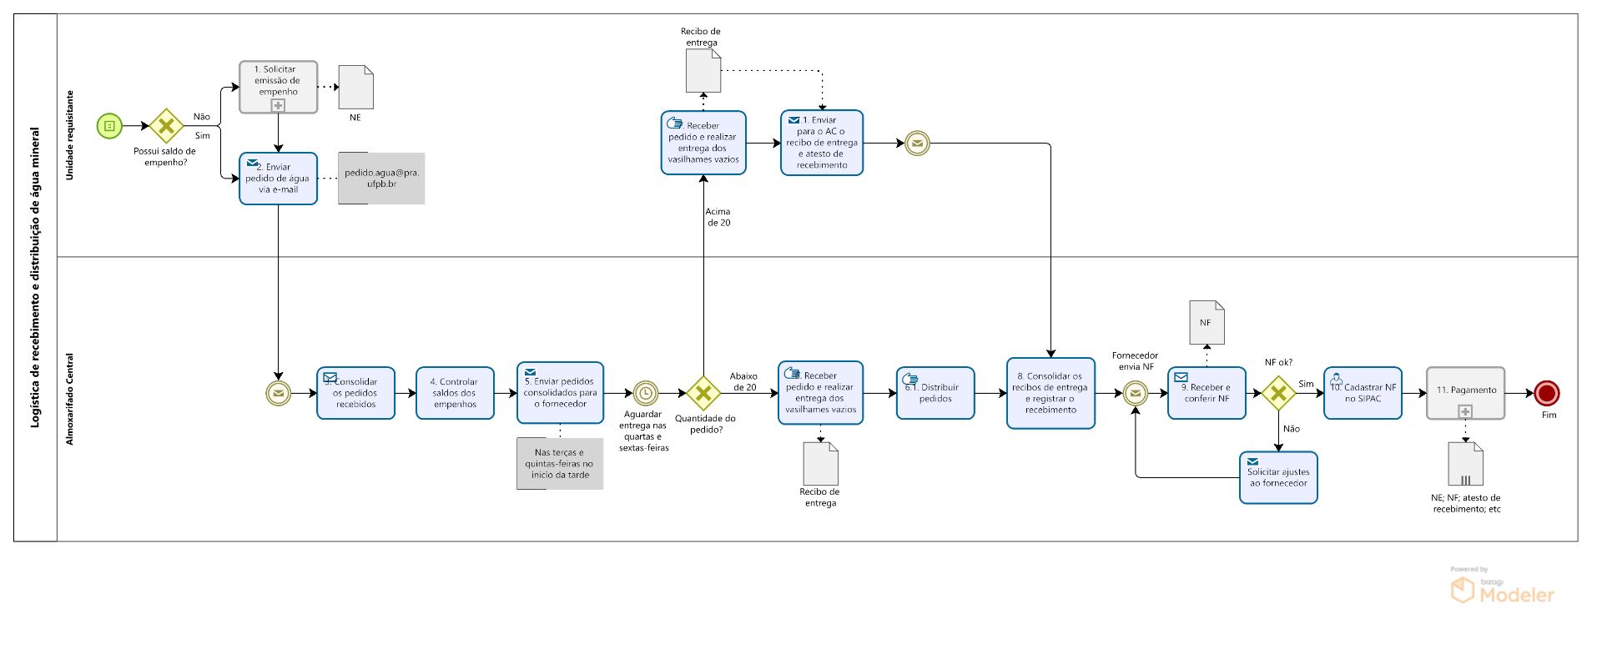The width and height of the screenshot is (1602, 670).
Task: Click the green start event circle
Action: coord(109,126)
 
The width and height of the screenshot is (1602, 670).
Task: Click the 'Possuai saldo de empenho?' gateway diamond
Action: coord(166,126)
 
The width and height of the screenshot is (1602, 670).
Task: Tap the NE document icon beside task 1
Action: coord(356,88)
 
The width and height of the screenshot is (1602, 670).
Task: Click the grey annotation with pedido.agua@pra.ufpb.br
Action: coord(381,178)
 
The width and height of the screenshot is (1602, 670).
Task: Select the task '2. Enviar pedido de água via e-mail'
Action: coord(278,178)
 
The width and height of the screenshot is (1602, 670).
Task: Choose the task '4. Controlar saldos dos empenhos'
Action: coord(455,393)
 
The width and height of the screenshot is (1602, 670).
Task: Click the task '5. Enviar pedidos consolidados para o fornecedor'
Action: coord(560,393)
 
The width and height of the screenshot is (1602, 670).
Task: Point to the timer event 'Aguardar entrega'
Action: coord(645,393)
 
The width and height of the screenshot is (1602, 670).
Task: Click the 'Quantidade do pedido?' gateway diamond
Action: coord(703,393)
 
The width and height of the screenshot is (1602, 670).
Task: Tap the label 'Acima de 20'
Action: coord(718,217)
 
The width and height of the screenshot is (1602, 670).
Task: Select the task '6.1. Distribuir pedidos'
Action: coord(935,393)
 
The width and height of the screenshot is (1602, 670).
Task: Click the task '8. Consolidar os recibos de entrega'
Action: coord(1050,393)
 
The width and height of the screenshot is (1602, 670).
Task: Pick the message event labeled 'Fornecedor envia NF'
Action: coord(1135,393)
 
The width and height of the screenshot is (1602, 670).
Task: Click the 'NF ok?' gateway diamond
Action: coord(1278,393)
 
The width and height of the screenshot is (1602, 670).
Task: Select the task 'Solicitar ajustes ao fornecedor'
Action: coord(1278,478)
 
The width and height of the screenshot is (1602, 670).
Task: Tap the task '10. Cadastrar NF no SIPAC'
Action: coord(1363,393)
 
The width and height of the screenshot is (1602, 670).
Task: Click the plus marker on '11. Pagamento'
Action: coord(1465,411)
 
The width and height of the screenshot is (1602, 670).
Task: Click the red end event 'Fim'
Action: coord(1547,393)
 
